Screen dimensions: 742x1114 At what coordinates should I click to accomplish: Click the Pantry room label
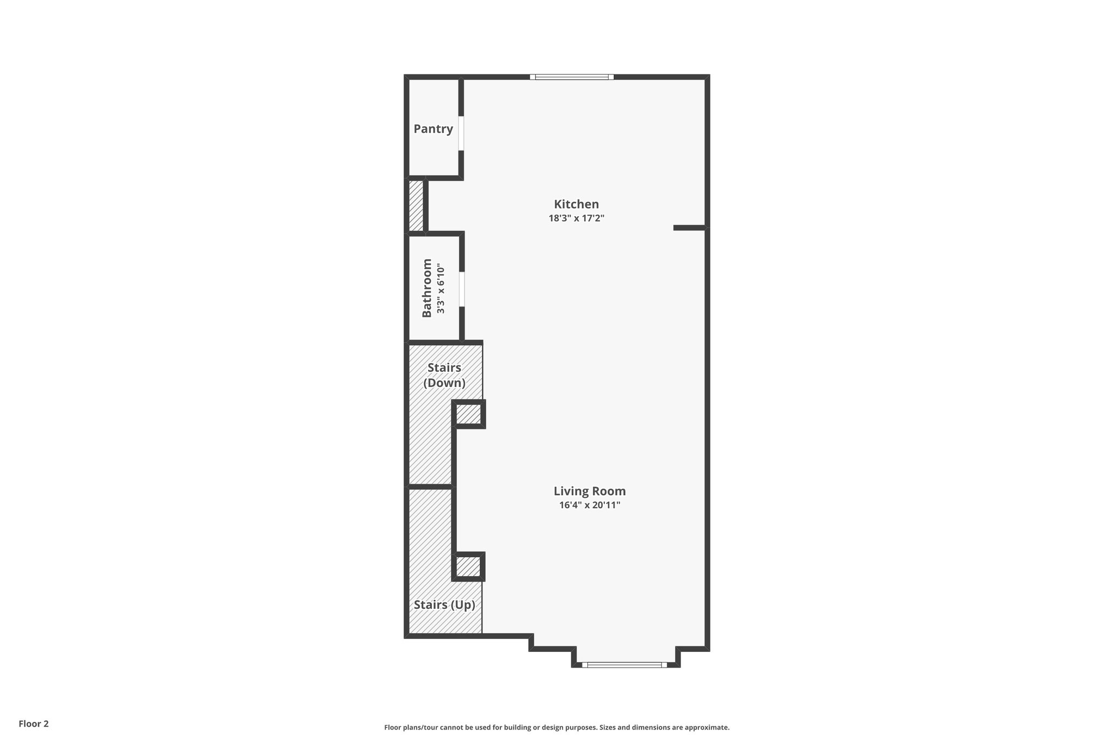[433, 129]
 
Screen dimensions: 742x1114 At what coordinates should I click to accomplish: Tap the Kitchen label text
[576, 204]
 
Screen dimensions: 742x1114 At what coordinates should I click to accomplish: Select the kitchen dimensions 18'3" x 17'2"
[576, 219]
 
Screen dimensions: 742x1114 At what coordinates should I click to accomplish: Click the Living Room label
[590, 491]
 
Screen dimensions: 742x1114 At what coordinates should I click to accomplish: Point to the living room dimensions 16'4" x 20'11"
[590, 505]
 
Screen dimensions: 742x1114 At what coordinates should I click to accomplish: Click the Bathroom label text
[427, 288]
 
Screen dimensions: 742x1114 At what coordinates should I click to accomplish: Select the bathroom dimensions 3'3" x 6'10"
[441, 289]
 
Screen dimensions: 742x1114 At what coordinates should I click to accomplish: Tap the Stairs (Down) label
[444, 375]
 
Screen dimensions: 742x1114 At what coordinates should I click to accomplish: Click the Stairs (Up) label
[444, 605]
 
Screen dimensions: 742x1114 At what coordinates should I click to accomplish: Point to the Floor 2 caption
[34, 724]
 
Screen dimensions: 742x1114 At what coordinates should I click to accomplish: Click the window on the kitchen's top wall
[572, 77]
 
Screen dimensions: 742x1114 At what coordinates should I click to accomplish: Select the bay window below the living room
[624, 664]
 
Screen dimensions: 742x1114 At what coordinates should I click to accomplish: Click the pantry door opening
[461, 133]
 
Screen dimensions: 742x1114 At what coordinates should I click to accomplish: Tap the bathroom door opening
[462, 289]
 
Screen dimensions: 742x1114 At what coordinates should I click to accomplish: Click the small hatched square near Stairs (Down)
[468, 415]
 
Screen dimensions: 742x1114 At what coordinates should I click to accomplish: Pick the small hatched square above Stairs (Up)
[468, 567]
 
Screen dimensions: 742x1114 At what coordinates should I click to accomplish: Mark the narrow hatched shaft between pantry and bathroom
[416, 206]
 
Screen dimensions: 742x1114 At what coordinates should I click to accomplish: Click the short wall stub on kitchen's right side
[690, 228]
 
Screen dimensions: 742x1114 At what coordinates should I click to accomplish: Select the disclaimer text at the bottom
[556, 727]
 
